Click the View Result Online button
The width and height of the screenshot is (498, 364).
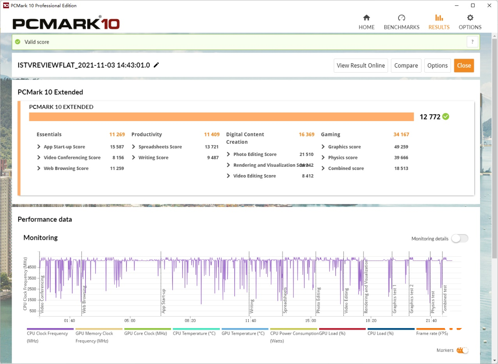click(361, 66)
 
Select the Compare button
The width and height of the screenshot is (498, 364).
click(406, 66)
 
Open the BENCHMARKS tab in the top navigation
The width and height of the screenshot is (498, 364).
click(402, 22)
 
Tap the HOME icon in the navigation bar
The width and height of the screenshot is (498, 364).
click(366, 18)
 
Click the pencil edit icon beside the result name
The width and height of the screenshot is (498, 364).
click(157, 65)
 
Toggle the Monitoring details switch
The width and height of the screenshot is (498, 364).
click(460, 239)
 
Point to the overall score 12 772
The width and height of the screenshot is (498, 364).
click(430, 117)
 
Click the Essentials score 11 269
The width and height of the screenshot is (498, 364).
click(117, 134)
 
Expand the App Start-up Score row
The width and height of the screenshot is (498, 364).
click(39, 147)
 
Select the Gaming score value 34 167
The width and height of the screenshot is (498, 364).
click(401, 134)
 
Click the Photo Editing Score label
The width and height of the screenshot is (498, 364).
click(254, 154)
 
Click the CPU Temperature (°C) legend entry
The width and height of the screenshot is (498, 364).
click(194, 333)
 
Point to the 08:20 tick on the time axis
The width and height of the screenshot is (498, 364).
click(190, 321)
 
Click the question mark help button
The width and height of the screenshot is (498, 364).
click(472, 42)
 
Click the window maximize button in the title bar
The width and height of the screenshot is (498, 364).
click(473, 5)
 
